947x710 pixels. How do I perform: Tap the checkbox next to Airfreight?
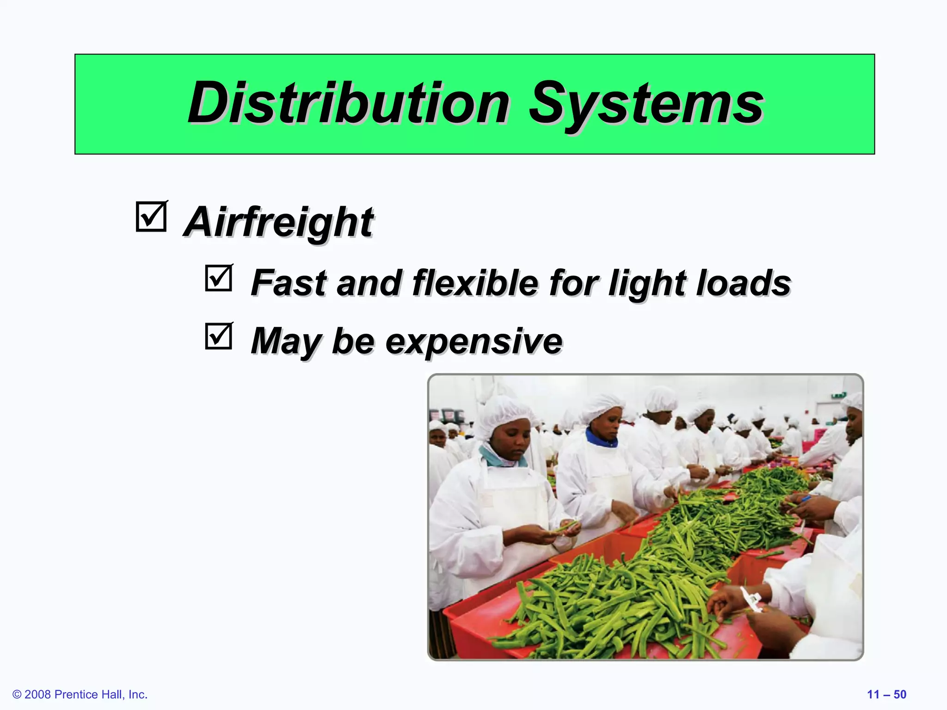pos(151,216)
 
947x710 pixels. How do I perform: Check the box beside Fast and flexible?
pos(218,278)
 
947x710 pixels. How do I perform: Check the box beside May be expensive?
pos(218,336)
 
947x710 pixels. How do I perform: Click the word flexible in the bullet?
pos(475,282)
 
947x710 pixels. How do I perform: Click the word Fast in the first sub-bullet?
pos(289,282)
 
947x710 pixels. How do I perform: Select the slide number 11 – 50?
pos(886,694)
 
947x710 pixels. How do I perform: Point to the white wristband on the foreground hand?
pos(750,600)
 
